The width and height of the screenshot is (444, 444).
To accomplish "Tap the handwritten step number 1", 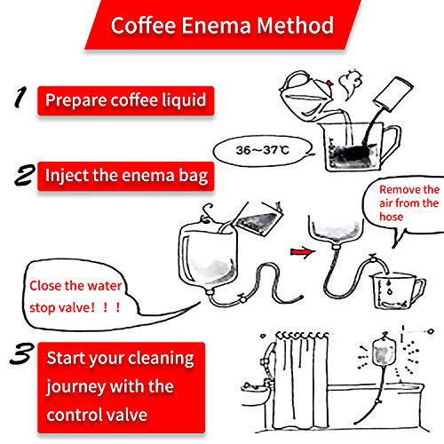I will (x=19, y=97).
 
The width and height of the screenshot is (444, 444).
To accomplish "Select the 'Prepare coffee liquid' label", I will (x=126, y=99).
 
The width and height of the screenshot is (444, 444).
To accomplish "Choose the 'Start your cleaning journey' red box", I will (x=121, y=385).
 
